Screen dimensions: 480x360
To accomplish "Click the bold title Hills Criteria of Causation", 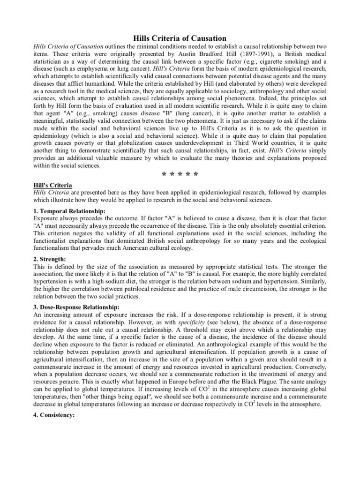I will [x=180, y=38].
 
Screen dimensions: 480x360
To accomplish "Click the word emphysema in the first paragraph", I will [x=80, y=69].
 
